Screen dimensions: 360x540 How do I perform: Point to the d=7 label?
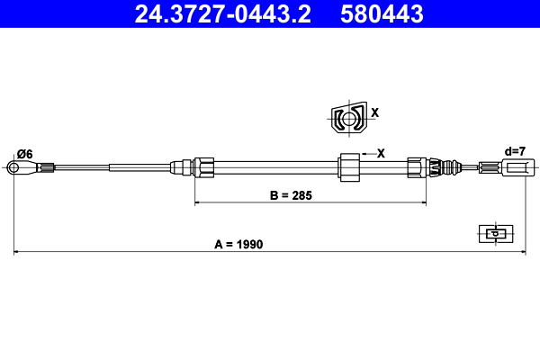[514, 151]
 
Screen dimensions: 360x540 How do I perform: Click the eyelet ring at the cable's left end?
[14, 166]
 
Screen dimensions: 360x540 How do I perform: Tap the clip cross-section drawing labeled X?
[347, 118]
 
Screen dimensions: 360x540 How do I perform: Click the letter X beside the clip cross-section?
[374, 113]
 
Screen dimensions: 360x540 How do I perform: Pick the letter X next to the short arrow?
[381, 153]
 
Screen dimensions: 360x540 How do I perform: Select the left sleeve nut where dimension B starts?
[203, 166]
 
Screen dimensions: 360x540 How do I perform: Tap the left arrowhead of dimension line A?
[17, 252]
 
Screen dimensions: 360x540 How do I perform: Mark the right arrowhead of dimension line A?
[522, 252]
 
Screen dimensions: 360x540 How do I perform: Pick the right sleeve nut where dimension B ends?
[418, 166]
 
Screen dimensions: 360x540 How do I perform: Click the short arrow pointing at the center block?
[365, 154]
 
